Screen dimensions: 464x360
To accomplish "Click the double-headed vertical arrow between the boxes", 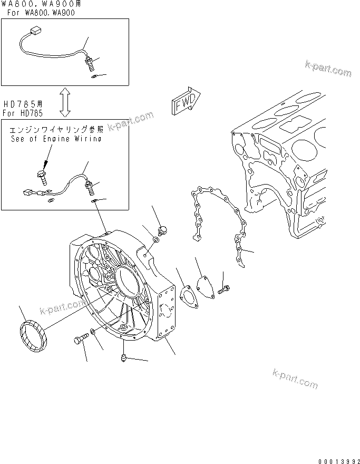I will pyautogui.click(x=65, y=102).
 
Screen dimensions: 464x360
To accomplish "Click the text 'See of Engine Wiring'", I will pyautogui.click(x=56, y=139).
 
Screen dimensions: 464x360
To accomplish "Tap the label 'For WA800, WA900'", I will pyautogui.click(x=44, y=13).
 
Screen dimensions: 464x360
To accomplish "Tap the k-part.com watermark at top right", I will pyautogui.click(x=327, y=69).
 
